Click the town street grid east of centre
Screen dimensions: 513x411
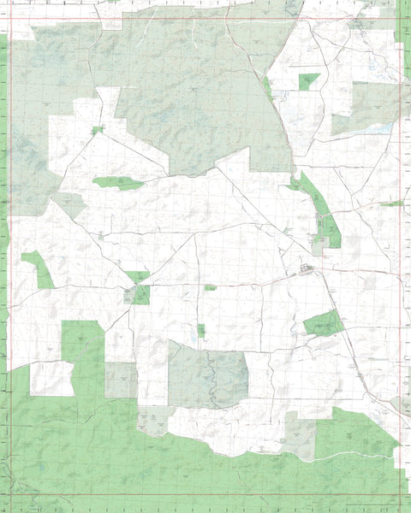pyautogui.click(x=306, y=271)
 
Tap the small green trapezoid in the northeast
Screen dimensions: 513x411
pyautogui.click(x=308, y=81)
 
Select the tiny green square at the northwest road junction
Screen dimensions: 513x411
pyautogui.click(x=97, y=131)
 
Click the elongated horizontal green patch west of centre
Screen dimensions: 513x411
pyautogui.click(x=118, y=183)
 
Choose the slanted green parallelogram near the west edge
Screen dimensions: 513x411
pyautogui.click(x=38, y=269)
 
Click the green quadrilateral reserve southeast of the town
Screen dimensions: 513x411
pyautogui.click(x=323, y=323)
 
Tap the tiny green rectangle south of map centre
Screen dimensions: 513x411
pyautogui.click(x=201, y=330)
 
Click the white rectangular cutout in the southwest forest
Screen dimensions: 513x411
pyautogui.click(x=51, y=378)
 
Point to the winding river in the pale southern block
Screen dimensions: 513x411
pyautogui.click(x=210, y=376)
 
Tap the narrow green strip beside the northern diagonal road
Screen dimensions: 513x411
pyautogui.click(x=267, y=86)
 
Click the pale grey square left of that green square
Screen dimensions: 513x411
pyautogui.click(x=128, y=295)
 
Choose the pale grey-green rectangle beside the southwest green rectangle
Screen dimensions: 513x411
pyautogui.click(x=121, y=380)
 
